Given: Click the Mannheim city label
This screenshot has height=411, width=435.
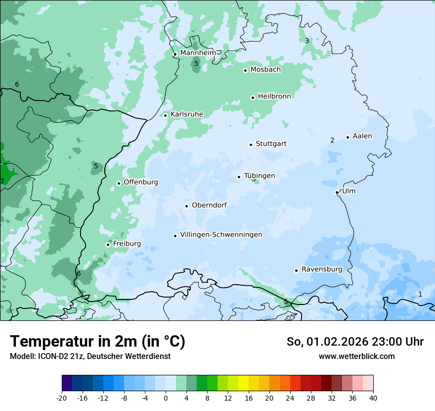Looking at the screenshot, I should [x=198, y=52].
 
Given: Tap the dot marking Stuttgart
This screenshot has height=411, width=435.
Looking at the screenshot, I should [x=251, y=145].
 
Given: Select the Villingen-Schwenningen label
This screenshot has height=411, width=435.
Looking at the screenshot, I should [x=221, y=235].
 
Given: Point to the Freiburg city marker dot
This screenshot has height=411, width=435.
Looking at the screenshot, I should [x=108, y=245].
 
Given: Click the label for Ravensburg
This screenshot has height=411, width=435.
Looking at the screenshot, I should [x=322, y=269].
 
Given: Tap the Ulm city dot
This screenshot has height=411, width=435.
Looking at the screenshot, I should [x=337, y=192].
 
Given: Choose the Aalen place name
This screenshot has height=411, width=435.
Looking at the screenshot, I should [x=362, y=136].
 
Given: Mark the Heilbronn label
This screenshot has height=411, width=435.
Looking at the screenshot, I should [x=274, y=97].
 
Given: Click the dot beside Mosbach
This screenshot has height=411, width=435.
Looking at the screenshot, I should [x=245, y=70].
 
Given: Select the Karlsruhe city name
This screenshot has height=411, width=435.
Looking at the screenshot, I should [x=187, y=114].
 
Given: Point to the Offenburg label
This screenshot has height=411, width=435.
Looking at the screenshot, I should [x=141, y=182].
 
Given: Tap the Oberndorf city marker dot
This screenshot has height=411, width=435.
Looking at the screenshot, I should [x=186, y=206].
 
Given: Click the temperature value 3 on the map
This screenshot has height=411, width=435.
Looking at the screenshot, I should [x=307, y=41].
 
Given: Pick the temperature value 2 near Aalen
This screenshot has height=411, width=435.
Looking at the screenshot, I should [x=332, y=140].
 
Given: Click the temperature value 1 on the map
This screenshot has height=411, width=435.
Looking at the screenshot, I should [x=420, y=294].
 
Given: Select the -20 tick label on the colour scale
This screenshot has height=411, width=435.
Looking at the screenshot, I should [x=62, y=398].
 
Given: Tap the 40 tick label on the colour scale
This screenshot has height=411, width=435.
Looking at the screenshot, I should [x=373, y=398].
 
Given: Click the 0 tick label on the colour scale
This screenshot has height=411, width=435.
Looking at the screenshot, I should [x=166, y=398].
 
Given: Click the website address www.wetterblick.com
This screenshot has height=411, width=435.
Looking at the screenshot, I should [x=356, y=357].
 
